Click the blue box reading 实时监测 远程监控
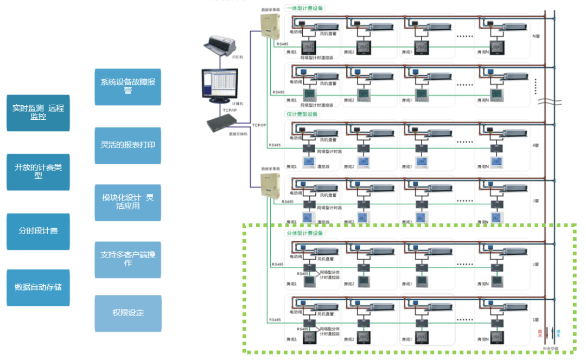coord(38,113)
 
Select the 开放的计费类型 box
coord(38,172)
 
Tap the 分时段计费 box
coord(38,231)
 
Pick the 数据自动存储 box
coord(38,287)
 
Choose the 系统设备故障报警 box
coord(128,87)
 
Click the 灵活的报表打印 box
coord(128,145)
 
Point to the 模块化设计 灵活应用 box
coord(128,202)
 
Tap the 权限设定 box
coord(128,313)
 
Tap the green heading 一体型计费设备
coord(304,8)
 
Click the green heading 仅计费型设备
coord(302,114)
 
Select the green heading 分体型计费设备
coord(304,233)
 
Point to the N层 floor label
coord(536,36)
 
